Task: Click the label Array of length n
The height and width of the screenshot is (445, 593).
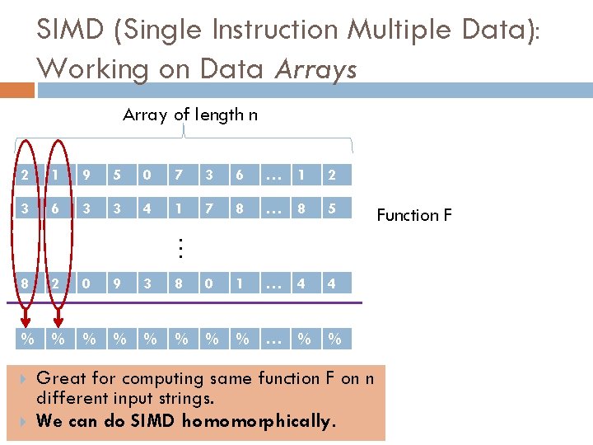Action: [x=189, y=115]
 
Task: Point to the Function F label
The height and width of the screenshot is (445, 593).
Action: [x=413, y=215]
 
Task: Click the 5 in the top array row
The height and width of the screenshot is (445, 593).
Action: [x=118, y=175]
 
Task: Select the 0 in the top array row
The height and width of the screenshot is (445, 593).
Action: [x=148, y=175]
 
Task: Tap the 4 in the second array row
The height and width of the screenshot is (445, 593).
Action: [x=148, y=209]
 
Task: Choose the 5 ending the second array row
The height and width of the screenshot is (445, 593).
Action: [x=331, y=209]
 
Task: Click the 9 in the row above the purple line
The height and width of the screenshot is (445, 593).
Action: [x=118, y=284]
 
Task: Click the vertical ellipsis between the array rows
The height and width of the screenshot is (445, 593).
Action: [x=180, y=246]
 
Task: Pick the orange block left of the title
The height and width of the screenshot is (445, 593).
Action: [x=12, y=89]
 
